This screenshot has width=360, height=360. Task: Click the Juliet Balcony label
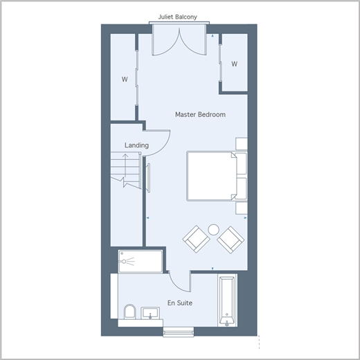[177, 17]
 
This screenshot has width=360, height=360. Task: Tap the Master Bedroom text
[200, 114]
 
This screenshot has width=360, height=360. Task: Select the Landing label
[136, 145]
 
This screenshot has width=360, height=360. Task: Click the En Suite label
[180, 303]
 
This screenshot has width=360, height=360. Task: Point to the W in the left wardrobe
[125, 80]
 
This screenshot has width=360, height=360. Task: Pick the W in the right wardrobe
[235, 64]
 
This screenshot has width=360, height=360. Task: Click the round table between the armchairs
[213, 230]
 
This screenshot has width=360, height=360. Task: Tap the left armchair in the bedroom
[196, 240]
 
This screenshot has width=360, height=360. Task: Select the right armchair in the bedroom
[231, 240]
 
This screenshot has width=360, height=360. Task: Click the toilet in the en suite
[129, 312]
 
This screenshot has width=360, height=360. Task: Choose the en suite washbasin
[150, 313]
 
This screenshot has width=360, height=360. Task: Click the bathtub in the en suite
[227, 300]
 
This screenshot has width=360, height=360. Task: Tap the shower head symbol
[126, 262]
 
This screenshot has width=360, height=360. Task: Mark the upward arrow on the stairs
[125, 165]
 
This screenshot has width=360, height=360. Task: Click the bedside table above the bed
[242, 144]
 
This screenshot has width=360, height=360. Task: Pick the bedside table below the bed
[242, 208]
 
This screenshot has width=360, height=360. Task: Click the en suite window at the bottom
[179, 332]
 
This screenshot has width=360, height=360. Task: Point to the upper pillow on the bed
[242, 163]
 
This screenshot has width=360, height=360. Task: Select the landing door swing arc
[165, 147]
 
